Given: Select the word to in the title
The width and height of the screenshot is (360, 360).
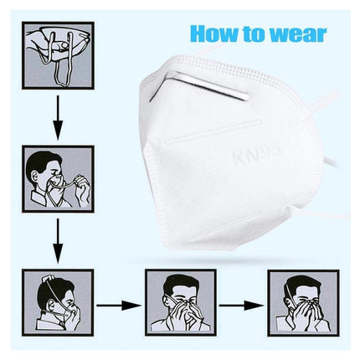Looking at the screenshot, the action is point(254,34).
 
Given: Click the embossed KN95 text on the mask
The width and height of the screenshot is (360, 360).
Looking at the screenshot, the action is point(257,156).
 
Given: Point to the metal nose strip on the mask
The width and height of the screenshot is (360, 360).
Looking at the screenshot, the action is point(198,85).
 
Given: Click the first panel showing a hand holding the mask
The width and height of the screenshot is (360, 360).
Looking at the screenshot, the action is point(58,55).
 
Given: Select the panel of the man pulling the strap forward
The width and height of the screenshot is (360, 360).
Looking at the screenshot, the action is point(58,179).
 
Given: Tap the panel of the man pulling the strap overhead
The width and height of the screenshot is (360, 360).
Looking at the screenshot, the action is point(58,303).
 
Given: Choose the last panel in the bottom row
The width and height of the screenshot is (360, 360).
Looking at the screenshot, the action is point(303,303).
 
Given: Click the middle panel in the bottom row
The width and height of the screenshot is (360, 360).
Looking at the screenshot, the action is point(181,303).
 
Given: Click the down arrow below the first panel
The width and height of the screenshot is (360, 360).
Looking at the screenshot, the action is point(58,117).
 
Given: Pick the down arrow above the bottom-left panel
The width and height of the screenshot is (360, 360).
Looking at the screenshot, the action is point(58,241).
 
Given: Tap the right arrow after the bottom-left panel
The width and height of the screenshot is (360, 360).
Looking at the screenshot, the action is point(119,306).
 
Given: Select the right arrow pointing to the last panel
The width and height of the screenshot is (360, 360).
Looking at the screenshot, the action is point(242,306).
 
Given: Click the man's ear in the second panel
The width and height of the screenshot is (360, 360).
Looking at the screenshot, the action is point(34,176).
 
